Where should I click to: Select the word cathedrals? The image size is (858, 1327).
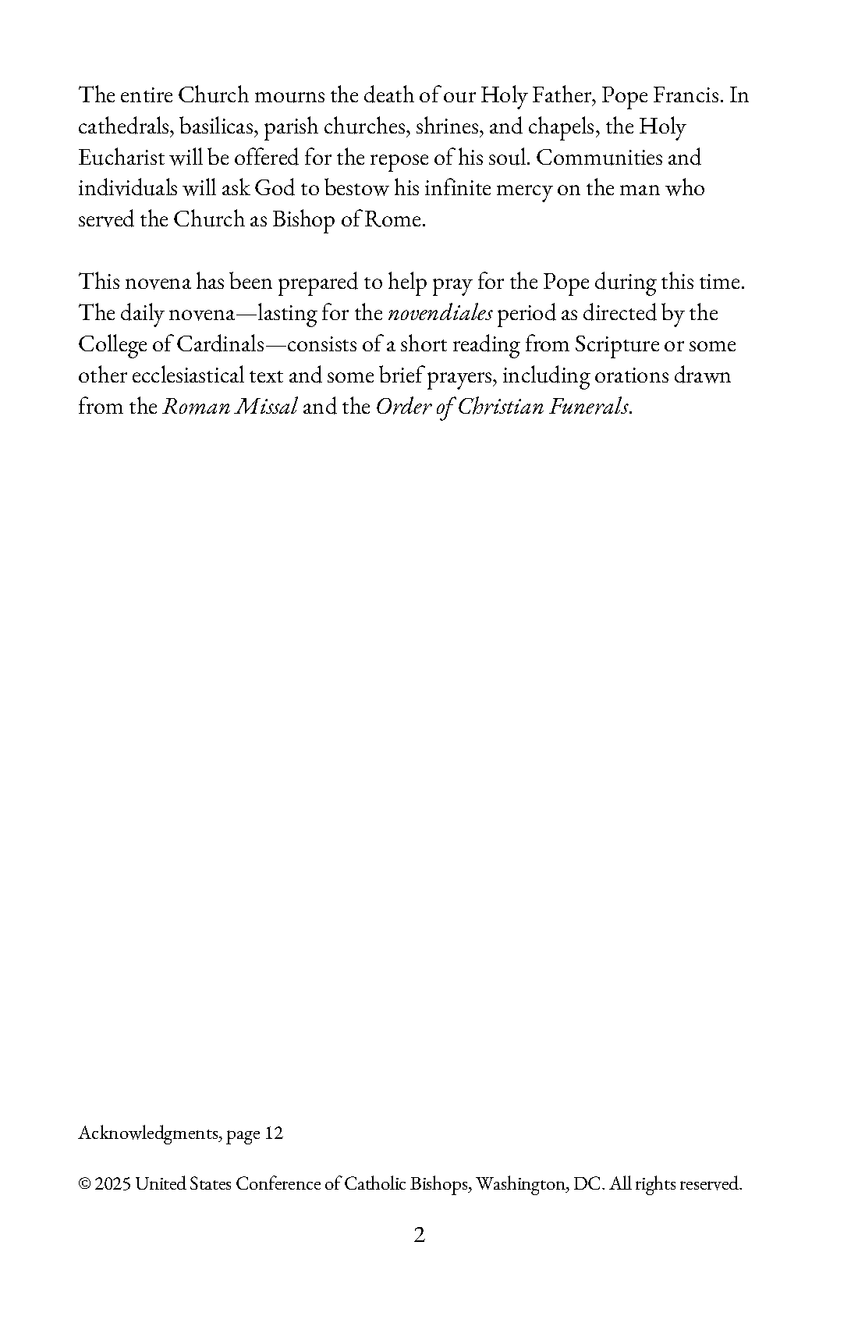(x=125, y=127)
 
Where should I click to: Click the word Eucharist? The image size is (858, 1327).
(x=121, y=158)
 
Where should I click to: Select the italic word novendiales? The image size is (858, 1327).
(x=440, y=314)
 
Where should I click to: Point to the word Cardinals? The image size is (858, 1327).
(x=221, y=345)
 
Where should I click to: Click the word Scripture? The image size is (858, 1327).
(x=617, y=345)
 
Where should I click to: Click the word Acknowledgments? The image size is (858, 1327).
(x=147, y=1133)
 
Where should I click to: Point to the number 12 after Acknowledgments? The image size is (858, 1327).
(x=274, y=1133)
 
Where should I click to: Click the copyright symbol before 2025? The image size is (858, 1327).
(x=84, y=1184)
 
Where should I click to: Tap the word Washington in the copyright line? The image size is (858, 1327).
(x=521, y=1184)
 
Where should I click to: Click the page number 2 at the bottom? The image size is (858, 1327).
(x=420, y=1236)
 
